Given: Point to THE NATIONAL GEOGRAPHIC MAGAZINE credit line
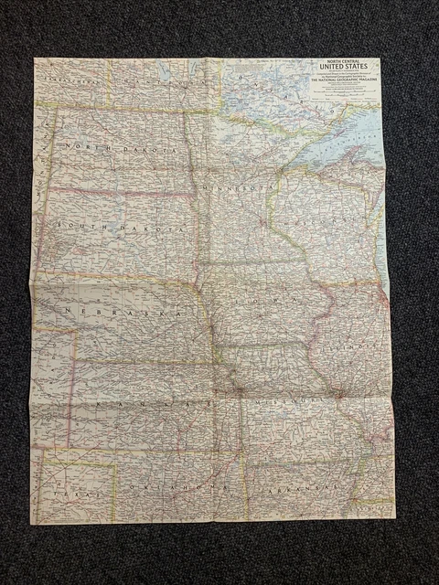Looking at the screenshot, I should pyautogui.click(x=344, y=80).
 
